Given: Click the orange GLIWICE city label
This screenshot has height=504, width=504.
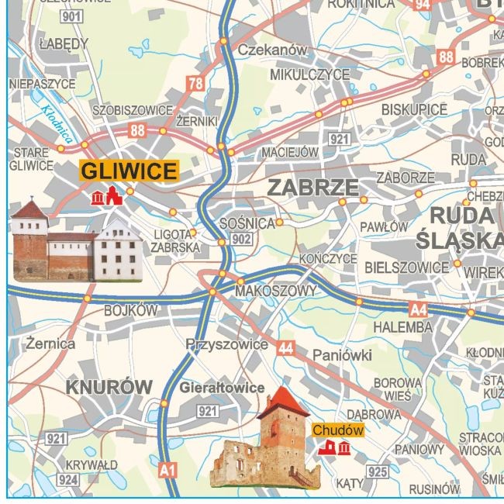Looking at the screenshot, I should [129, 171].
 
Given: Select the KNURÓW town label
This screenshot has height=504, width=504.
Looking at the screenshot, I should [109, 386].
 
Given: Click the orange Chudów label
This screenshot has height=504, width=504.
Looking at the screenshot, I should [337, 429].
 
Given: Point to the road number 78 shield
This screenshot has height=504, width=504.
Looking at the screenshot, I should [195, 84].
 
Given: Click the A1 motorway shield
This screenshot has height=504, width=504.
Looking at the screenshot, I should [167, 469].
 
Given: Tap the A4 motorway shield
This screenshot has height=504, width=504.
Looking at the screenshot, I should [418, 310].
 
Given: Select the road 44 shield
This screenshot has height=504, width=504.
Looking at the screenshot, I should [285, 347].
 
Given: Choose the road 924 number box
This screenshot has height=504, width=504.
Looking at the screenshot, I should [68, 480].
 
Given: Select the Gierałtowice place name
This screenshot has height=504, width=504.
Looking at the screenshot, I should [222, 388].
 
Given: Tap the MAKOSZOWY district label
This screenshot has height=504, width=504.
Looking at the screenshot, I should [275, 291].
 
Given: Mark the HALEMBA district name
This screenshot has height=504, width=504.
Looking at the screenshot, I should [402, 328].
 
